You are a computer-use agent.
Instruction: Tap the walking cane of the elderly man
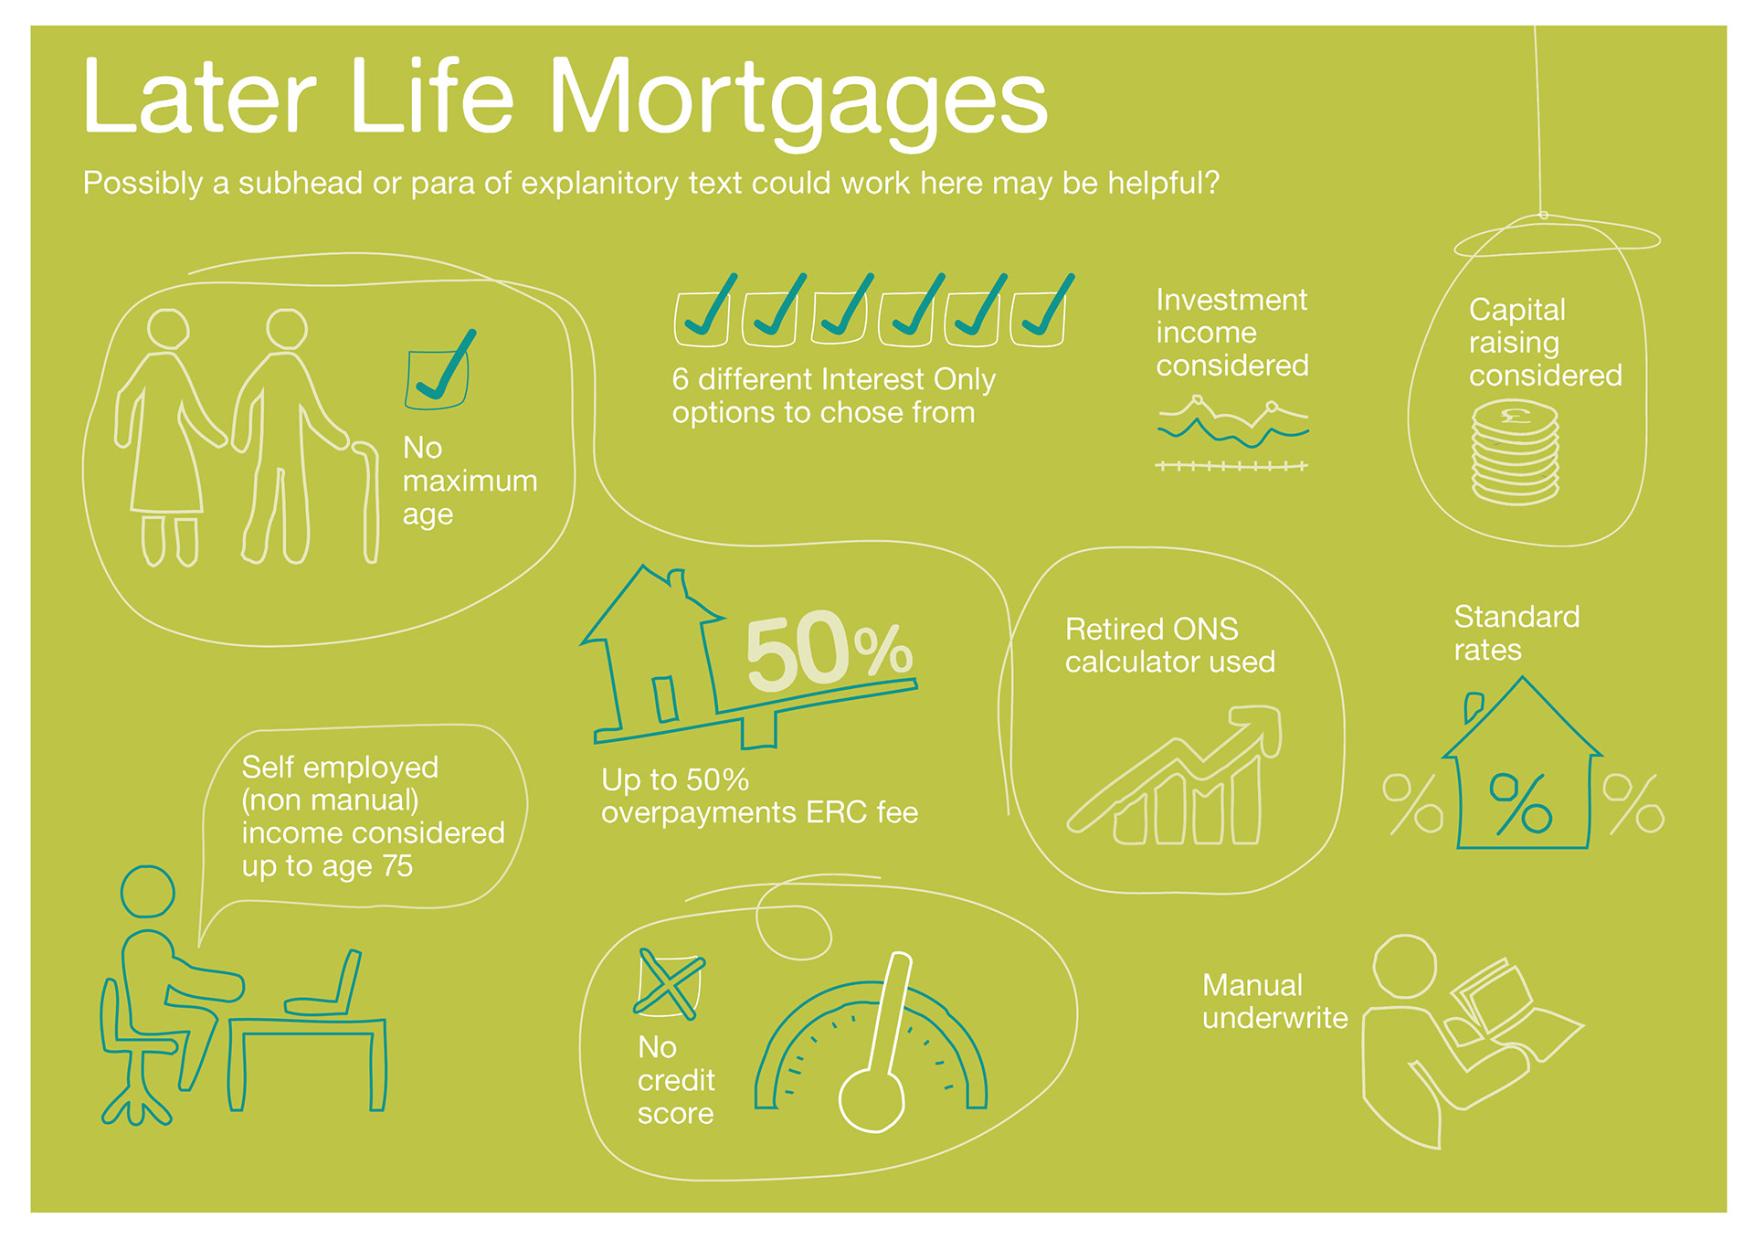click(x=369, y=503)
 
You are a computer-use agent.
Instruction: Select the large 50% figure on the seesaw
click(x=829, y=651)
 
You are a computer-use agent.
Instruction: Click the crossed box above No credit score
click(x=669, y=983)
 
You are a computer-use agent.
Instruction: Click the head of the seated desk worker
click(x=147, y=891)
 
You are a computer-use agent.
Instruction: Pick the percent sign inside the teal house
click(x=1520, y=803)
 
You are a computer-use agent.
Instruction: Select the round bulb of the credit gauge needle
click(x=872, y=1100)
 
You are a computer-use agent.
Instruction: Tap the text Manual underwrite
click(x=1274, y=1002)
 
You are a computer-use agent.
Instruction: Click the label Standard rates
click(x=1516, y=633)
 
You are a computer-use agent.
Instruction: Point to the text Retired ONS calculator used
click(x=1169, y=645)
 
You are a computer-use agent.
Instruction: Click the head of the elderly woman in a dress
click(x=168, y=330)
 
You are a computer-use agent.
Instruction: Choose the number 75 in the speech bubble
click(x=397, y=865)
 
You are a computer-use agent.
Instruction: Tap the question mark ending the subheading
click(x=1211, y=183)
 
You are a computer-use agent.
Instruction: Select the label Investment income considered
click(x=1231, y=333)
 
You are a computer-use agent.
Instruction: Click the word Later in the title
click(x=199, y=97)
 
